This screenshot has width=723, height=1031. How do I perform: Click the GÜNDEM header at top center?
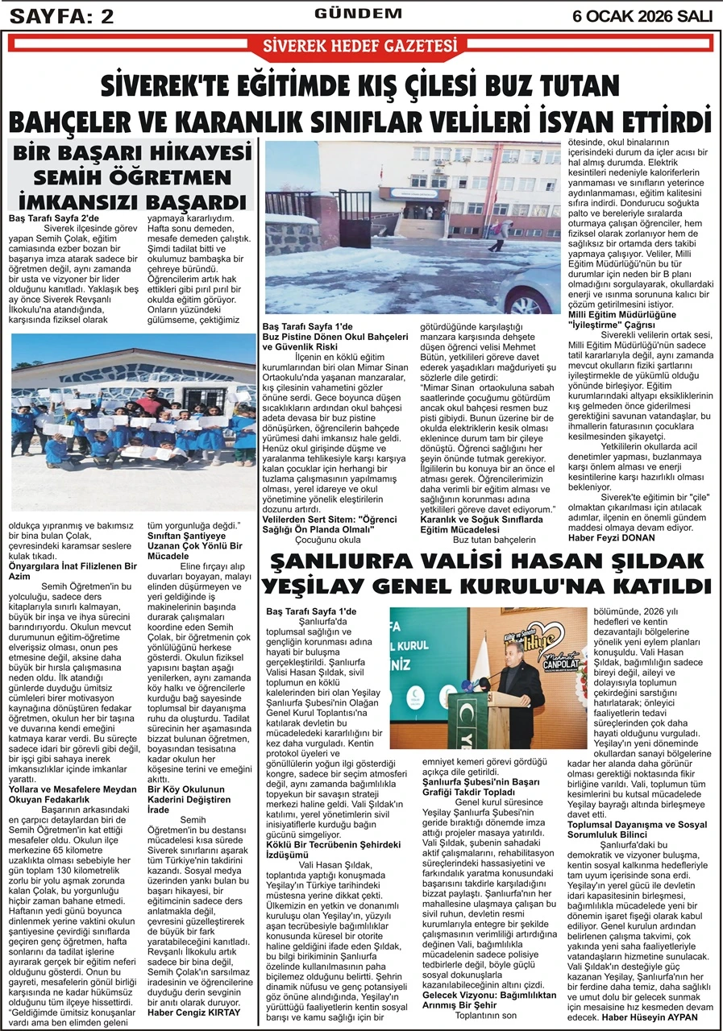pyautogui.click(x=358, y=14)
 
